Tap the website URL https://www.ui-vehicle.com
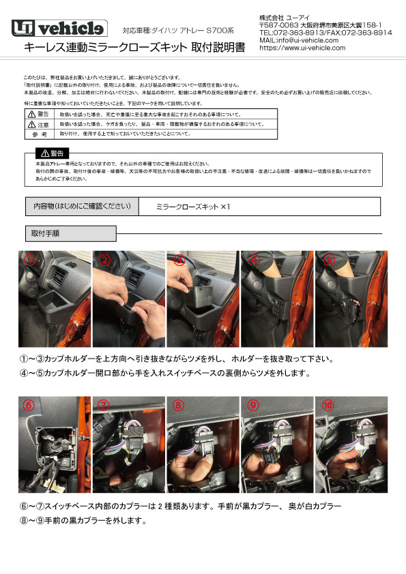[x=302, y=48]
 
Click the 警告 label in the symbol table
[x=38, y=115]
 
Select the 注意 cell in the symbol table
[x=38, y=125]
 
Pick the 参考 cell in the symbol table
[x=38, y=135]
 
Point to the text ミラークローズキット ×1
[x=193, y=205]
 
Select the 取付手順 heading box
[x=46, y=233]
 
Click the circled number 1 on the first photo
[x=29, y=260]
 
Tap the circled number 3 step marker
[x=179, y=260]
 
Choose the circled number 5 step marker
[x=329, y=260]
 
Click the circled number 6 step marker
[x=29, y=405]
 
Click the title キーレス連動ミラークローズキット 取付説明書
[x=134, y=47]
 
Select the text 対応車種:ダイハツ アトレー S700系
[x=178, y=30]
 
